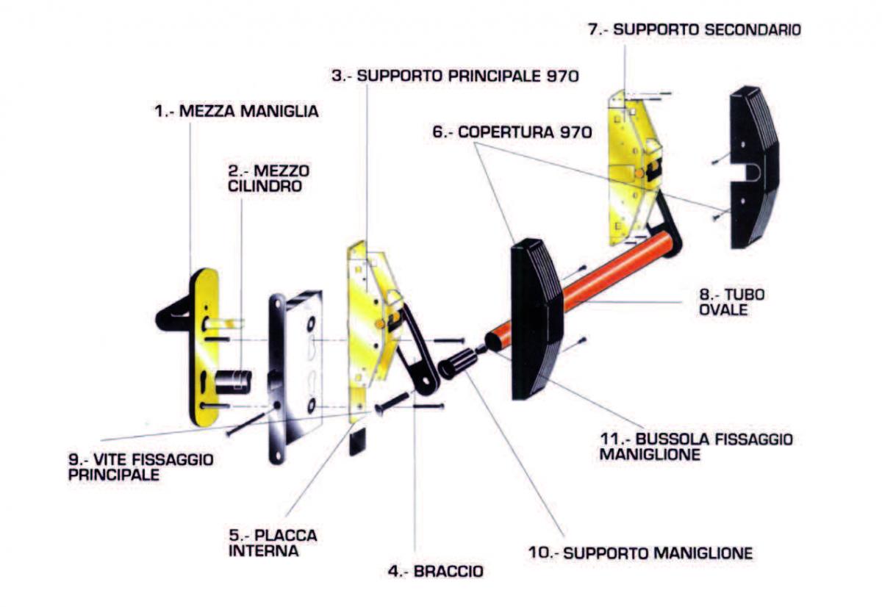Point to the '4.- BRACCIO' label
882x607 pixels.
[436, 570]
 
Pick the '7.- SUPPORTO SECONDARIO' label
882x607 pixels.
[695, 29]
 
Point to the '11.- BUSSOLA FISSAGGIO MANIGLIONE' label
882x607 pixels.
[695, 447]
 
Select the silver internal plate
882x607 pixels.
[294, 375]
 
